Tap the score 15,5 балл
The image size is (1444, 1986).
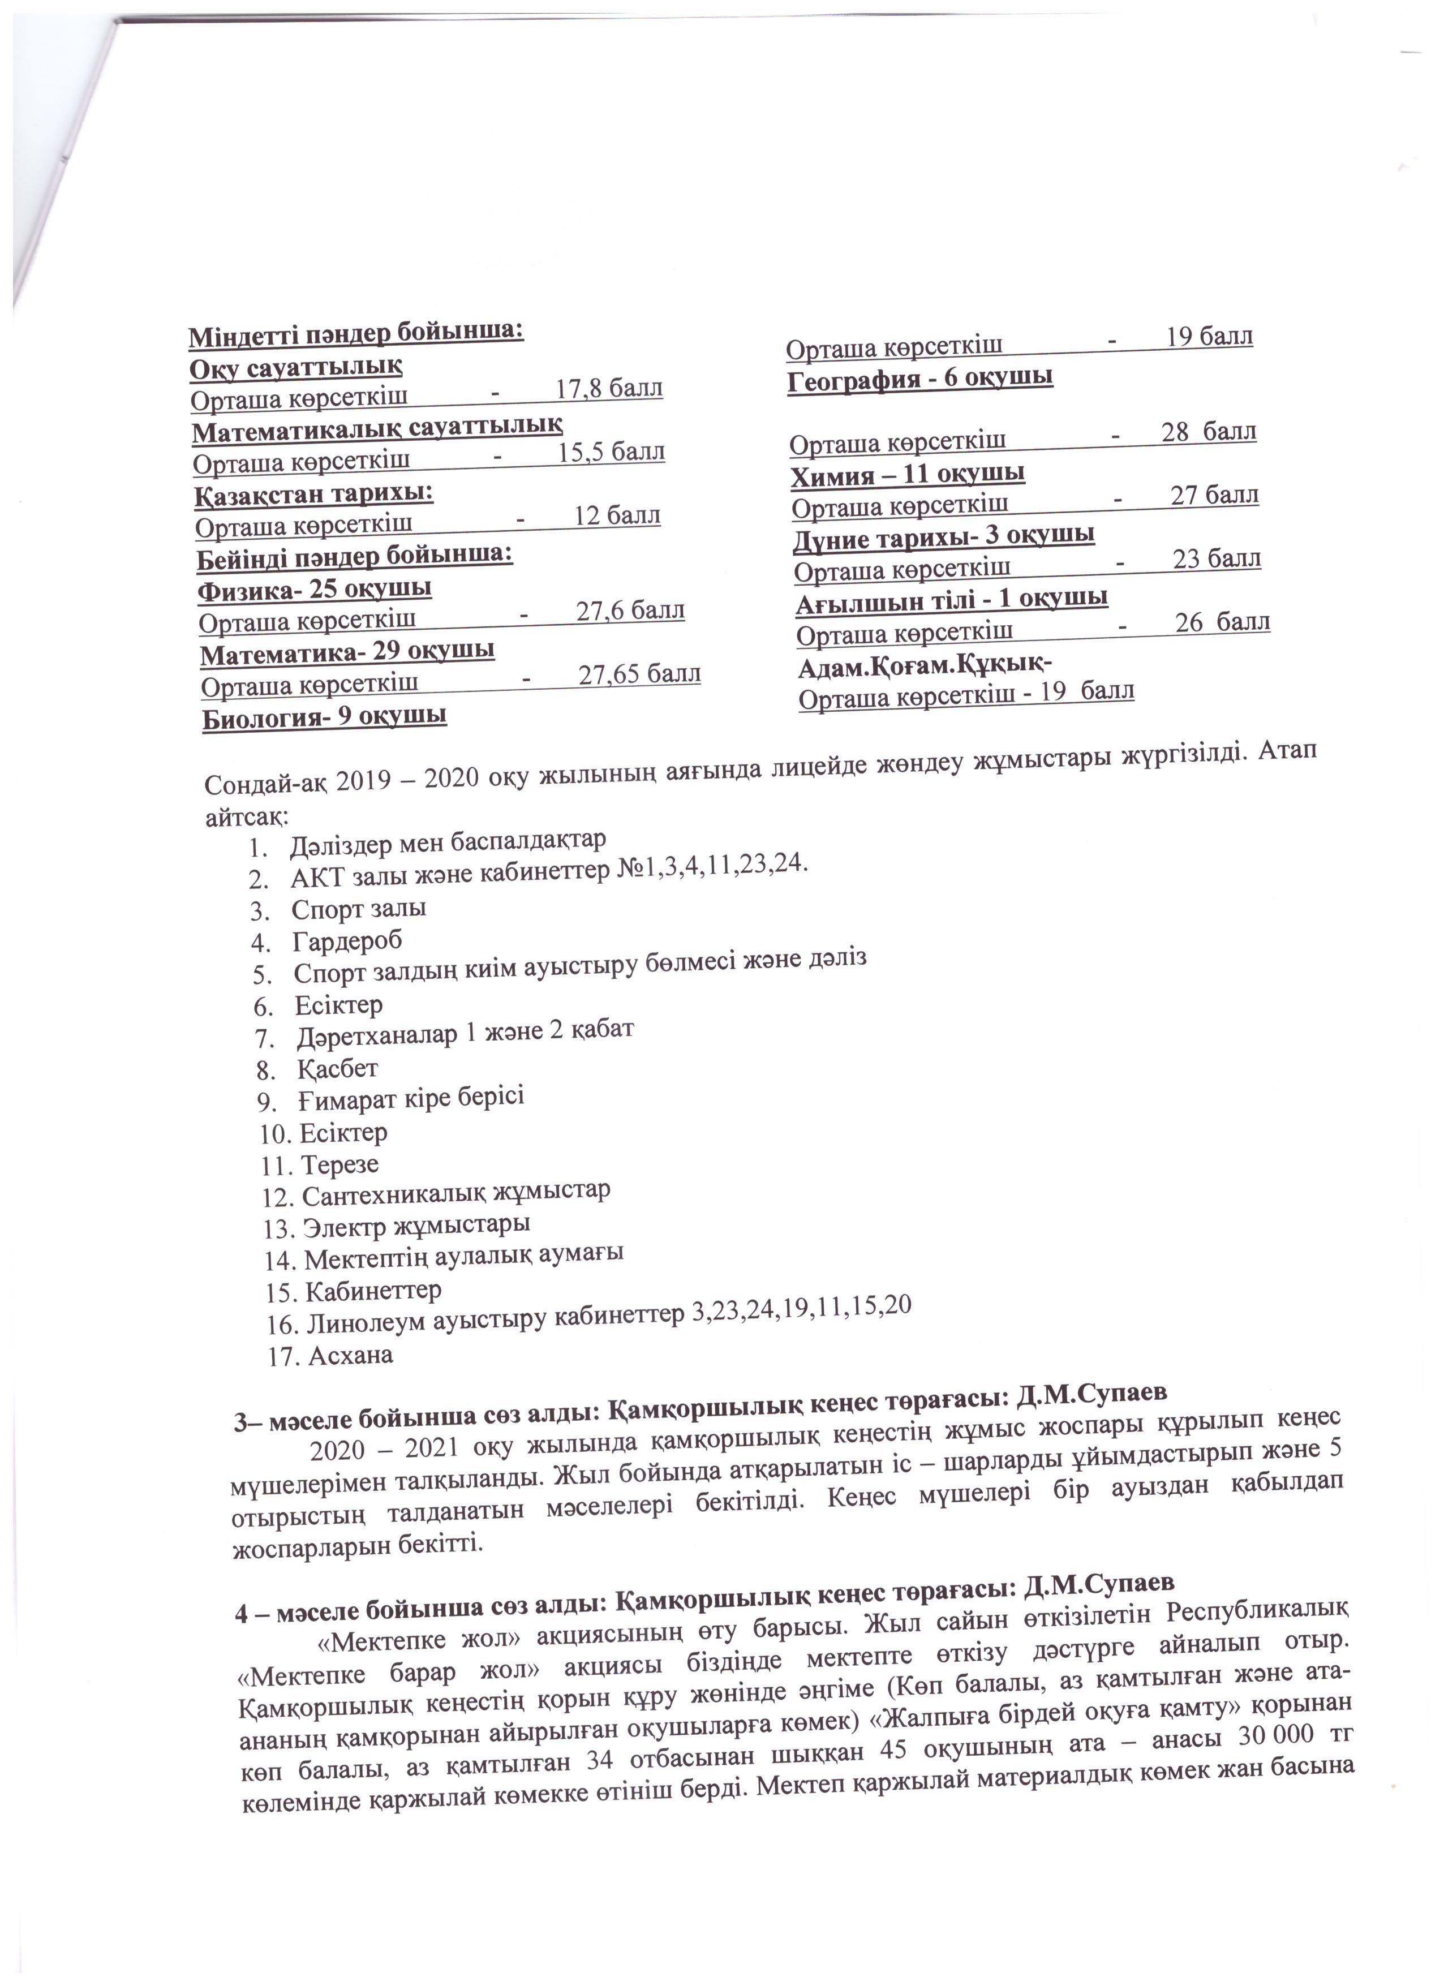point(611,452)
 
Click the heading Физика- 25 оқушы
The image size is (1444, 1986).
point(315,588)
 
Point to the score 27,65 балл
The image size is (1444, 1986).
point(639,674)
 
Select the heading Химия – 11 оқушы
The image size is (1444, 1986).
point(909,475)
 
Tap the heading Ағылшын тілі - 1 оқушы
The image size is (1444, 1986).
point(952,599)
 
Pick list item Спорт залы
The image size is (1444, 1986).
point(359,908)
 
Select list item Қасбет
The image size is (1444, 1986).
point(337,1068)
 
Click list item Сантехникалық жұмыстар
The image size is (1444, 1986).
point(456,1193)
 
